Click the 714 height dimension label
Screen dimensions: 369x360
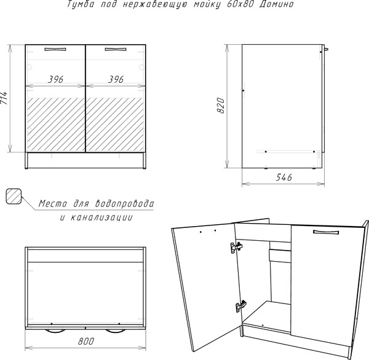tap(4, 98)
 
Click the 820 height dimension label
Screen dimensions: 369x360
tap(221, 105)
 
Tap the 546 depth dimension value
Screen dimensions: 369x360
tap(284, 177)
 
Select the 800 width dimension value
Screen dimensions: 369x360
tap(86, 341)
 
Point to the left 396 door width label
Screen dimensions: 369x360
tap(55, 79)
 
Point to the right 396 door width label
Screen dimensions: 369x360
tap(116, 79)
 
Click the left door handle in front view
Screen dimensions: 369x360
tap(55, 49)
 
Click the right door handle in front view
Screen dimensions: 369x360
tap(116, 49)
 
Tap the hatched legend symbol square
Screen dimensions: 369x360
tap(14, 197)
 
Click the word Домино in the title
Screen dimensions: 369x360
tap(277, 4)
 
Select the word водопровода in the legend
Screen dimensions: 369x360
tap(124, 203)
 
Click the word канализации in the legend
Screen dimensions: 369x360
tap(101, 217)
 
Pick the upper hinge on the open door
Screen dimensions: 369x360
tap(236, 248)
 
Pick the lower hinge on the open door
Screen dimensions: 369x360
tap(240, 306)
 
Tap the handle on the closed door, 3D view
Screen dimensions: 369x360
tap(326, 232)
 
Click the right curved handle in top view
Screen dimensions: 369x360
tap(116, 331)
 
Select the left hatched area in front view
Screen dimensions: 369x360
tap(56, 125)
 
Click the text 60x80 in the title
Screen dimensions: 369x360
tap(240, 4)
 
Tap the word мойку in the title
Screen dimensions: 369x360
tap(207, 4)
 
